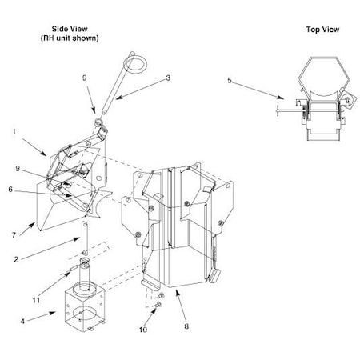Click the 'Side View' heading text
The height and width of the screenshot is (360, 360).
(x=70, y=29)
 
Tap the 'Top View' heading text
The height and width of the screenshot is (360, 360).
(x=322, y=30)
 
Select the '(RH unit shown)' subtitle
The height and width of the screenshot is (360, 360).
(x=70, y=38)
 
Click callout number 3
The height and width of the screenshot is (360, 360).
(x=168, y=78)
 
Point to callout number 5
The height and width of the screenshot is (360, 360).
(x=230, y=80)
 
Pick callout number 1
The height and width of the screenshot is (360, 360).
(x=14, y=132)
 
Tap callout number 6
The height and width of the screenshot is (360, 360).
(x=10, y=190)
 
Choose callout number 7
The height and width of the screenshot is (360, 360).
(x=14, y=235)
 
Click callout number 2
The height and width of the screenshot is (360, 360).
(x=16, y=259)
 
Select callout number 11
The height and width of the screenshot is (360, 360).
(x=36, y=300)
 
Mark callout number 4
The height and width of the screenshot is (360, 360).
(x=22, y=321)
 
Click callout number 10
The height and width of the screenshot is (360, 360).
(x=143, y=330)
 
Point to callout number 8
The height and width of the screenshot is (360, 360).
(x=186, y=326)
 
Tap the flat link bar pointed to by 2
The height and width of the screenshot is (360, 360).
(x=84, y=238)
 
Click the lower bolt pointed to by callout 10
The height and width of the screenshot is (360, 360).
(x=159, y=304)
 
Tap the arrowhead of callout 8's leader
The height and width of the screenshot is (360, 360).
(x=177, y=293)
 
